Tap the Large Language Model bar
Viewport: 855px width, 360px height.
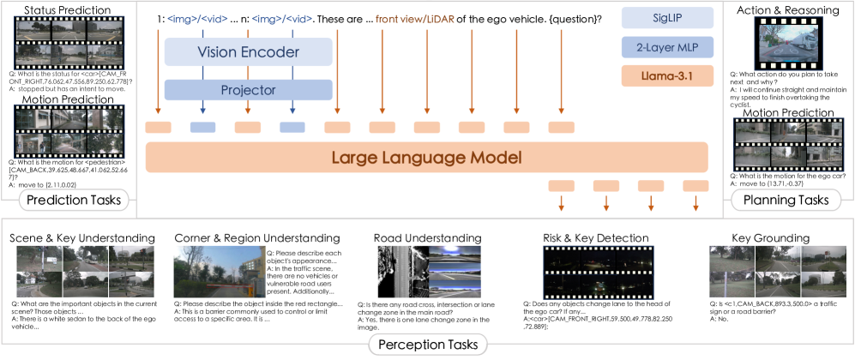click(x=426, y=158)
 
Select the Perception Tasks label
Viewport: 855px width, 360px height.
click(x=426, y=345)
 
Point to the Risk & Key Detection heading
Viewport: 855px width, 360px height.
click(x=595, y=237)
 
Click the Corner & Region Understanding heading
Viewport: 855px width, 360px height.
click(x=256, y=237)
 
